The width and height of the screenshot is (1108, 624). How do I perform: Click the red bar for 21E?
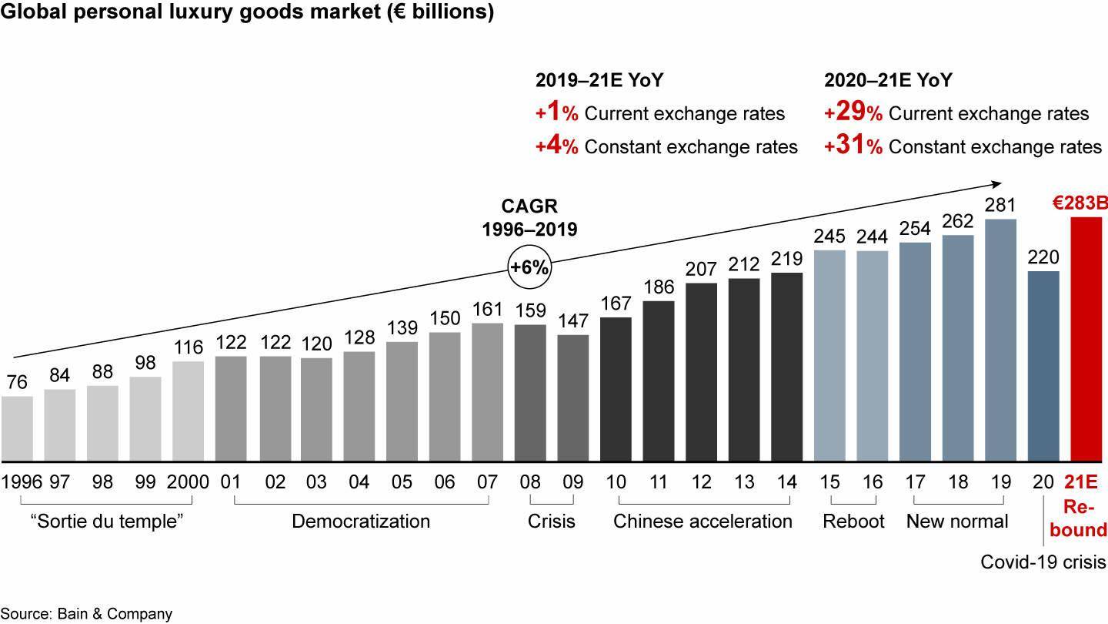tap(1086, 339)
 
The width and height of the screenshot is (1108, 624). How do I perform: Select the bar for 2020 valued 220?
tap(1043, 366)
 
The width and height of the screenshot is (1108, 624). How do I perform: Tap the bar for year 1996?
tap(17, 428)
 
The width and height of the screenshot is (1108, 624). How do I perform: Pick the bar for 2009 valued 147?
tap(573, 398)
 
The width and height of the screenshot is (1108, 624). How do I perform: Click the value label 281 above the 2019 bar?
tap(1000, 206)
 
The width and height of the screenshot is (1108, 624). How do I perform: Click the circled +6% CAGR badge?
tap(529, 267)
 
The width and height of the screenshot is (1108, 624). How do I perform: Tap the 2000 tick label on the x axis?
tap(188, 482)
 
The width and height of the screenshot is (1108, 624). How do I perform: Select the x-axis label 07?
tap(488, 482)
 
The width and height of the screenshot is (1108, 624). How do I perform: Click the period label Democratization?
tap(360, 522)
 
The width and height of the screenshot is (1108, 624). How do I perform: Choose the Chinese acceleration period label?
tap(703, 522)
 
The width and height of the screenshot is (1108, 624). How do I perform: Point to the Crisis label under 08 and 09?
tap(551, 522)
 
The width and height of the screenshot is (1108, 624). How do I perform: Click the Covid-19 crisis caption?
tap(1043, 562)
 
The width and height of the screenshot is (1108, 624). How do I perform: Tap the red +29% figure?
tap(844, 113)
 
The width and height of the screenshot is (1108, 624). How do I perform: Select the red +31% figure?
tap(844, 146)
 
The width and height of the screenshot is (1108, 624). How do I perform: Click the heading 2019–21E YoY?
tap(599, 80)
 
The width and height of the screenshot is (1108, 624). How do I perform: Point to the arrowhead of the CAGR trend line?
tap(997, 183)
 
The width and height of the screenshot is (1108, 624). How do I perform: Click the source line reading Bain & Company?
tap(86, 614)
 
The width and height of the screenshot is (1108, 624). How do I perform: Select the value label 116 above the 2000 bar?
tap(188, 347)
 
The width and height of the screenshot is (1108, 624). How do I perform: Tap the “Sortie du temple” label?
tap(106, 522)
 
